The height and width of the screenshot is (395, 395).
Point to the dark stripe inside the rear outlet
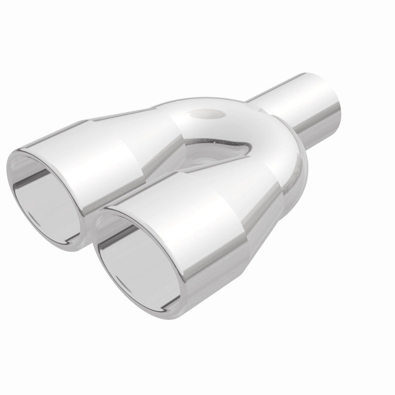point(37,180)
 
